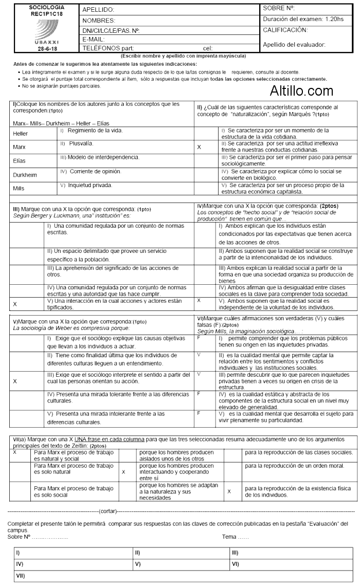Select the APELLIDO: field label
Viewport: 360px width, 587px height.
click(98, 10)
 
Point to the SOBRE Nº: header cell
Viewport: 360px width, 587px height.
click(279, 8)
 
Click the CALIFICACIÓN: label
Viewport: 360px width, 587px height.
click(285, 30)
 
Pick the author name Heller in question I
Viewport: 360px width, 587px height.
click(21, 134)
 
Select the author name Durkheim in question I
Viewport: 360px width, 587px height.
click(25, 175)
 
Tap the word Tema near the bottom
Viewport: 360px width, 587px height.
click(229, 537)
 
